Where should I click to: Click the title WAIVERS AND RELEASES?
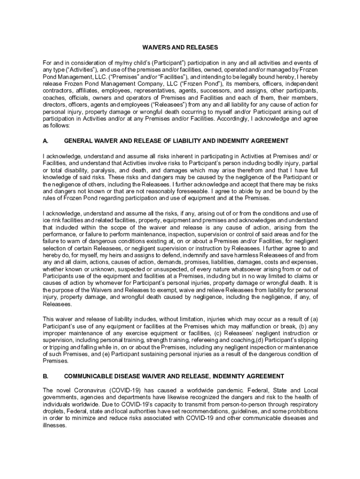180,47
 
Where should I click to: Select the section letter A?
45,141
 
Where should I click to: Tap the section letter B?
45,376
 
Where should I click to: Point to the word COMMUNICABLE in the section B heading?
89,376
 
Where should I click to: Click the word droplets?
53,412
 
